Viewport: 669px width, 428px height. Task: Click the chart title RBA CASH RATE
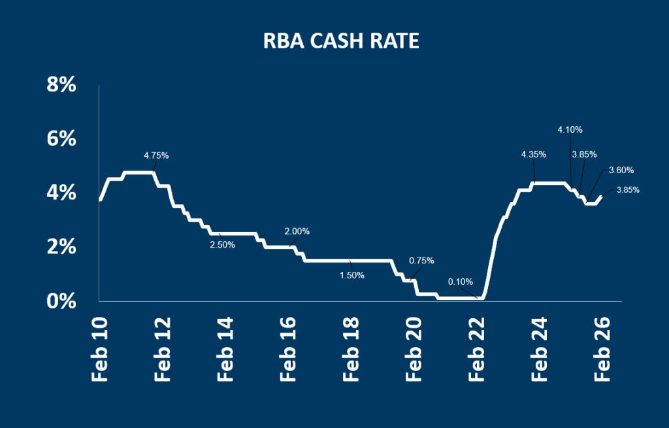(x=340, y=41)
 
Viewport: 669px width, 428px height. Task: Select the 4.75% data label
(x=156, y=156)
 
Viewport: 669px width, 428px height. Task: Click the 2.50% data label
(x=222, y=244)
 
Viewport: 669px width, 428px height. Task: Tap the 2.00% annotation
(x=297, y=231)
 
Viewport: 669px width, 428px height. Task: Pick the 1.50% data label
(x=352, y=275)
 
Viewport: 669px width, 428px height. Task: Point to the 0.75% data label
(x=421, y=260)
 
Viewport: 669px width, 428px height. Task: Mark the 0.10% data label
(x=460, y=282)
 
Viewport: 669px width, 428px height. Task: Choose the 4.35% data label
(x=534, y=154)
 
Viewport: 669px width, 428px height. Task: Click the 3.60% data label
(x=621, y=171)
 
